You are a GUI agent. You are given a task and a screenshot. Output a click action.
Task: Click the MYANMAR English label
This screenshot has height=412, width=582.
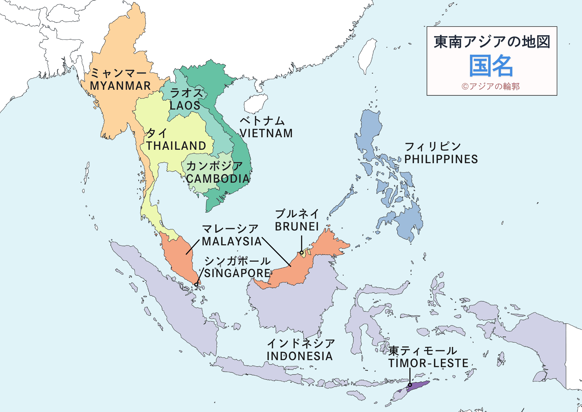(120, 86)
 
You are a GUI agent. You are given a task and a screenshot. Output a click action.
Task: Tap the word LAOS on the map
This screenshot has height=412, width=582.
(185, 105)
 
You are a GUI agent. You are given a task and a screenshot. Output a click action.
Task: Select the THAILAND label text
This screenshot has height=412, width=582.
(176, 146)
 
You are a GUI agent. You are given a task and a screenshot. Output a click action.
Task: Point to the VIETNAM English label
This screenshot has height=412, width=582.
(266, 133)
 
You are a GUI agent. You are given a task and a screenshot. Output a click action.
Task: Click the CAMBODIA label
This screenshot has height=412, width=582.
(218, 179)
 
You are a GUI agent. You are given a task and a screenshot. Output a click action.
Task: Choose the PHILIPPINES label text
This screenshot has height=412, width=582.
(441, 159)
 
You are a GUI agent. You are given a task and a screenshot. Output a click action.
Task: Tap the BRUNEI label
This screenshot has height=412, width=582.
(297, 227)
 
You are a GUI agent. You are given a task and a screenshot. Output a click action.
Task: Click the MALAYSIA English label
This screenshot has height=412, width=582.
(232, 242)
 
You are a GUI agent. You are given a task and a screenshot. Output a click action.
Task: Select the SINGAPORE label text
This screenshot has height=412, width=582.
(237, 273)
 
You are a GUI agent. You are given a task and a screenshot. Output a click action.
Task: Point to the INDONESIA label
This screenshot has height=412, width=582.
(299, 356)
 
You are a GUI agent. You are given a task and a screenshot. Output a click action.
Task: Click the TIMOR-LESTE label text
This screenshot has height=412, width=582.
(428, 363)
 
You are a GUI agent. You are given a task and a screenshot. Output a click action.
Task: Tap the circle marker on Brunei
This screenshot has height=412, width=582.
(302, 253)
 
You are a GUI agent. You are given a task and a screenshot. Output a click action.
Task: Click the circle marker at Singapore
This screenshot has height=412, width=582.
(196, 285)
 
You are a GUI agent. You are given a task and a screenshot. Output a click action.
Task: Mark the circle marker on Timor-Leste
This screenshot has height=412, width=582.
(410, 385)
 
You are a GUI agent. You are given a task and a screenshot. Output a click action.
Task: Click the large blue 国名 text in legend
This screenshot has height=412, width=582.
(491, 66)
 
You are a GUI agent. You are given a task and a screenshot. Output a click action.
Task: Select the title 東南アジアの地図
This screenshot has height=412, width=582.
(492, 42)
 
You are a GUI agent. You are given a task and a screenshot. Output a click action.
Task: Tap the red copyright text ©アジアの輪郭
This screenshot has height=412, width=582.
(491, 86)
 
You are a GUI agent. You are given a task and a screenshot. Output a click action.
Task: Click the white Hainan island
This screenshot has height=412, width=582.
(255, 103)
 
